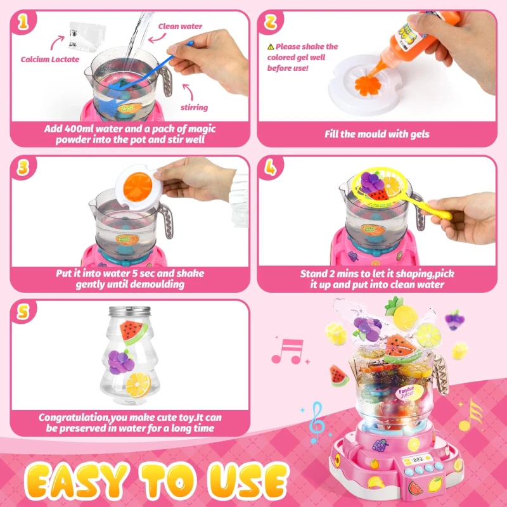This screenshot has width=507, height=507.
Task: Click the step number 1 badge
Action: (23, 23)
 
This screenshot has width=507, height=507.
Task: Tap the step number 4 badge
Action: (271, 167)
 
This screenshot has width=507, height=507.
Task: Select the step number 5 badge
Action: (23, 312)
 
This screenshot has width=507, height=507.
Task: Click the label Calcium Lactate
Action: (50, 59)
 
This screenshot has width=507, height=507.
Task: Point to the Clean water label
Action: (180, 26)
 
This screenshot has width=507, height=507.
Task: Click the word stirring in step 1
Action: (194, 107)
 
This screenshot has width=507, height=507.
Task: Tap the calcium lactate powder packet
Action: (87, 35)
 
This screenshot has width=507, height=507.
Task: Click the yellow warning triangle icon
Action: (271, 47)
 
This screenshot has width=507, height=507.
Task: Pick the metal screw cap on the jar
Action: (130, 312)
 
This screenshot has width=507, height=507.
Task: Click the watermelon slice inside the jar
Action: (133, 332)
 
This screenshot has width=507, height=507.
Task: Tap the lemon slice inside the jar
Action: (138, 385)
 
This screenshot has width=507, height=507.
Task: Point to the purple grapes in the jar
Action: (121, 362)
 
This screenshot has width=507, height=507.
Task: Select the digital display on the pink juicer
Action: (418, 459)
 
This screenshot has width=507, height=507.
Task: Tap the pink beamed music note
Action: (288, 352)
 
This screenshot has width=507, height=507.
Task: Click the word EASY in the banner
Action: (77, 482)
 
